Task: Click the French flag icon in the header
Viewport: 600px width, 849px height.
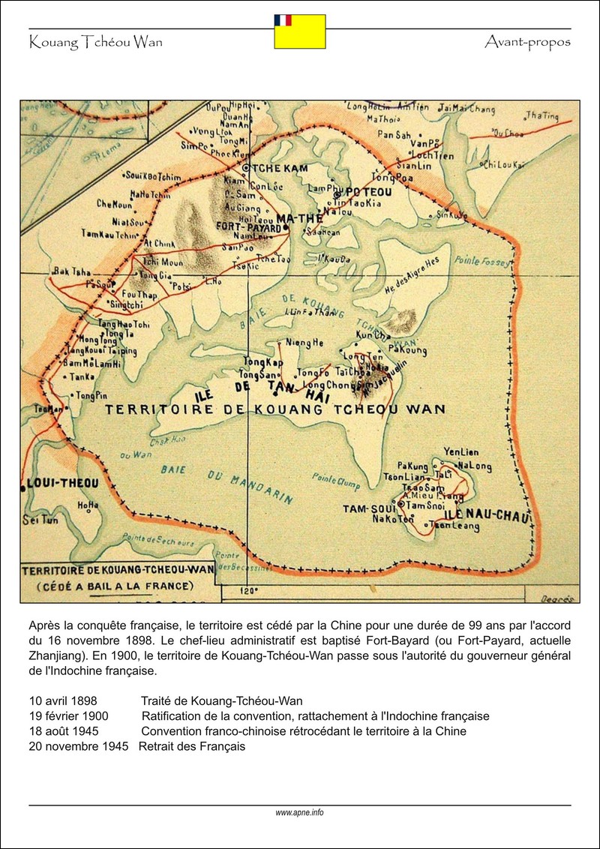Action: (x=283, y=19)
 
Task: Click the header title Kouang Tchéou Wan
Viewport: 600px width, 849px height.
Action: (x=95, y=42)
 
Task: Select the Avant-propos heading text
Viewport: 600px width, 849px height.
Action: (x=527, y=42)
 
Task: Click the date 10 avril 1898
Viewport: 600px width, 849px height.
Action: (x=63, y=701)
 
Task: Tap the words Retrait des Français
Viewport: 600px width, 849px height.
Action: (x=192, y=746)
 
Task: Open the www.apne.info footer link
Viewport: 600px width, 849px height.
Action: (x=299, y=812)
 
